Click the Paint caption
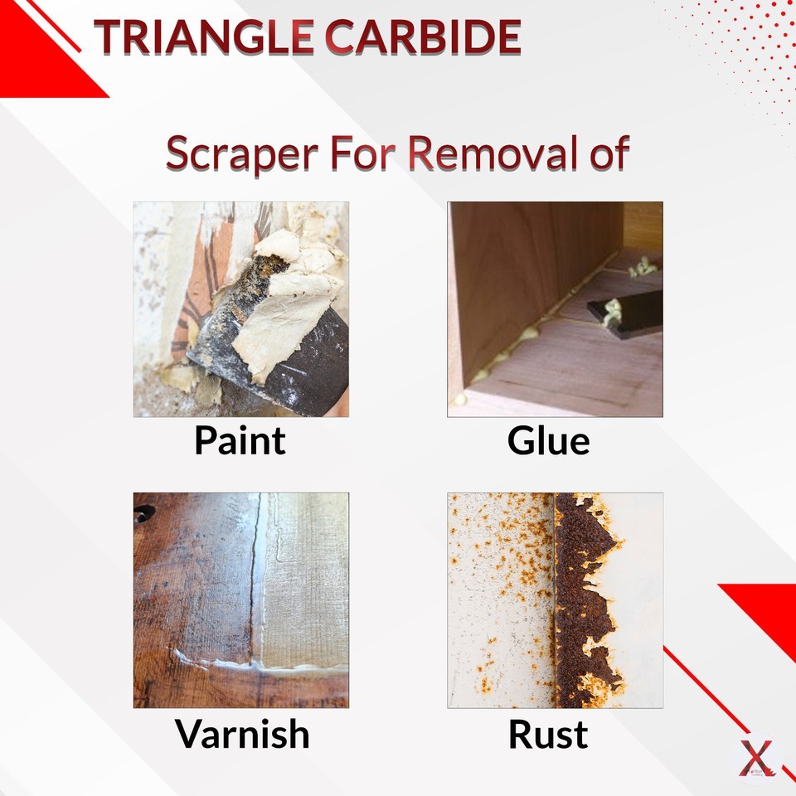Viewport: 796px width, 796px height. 240,440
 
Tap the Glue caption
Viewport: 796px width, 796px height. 548,440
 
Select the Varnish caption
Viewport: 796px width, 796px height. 242,734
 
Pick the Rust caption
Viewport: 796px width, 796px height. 548,734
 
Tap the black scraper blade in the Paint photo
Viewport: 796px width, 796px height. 307,377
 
